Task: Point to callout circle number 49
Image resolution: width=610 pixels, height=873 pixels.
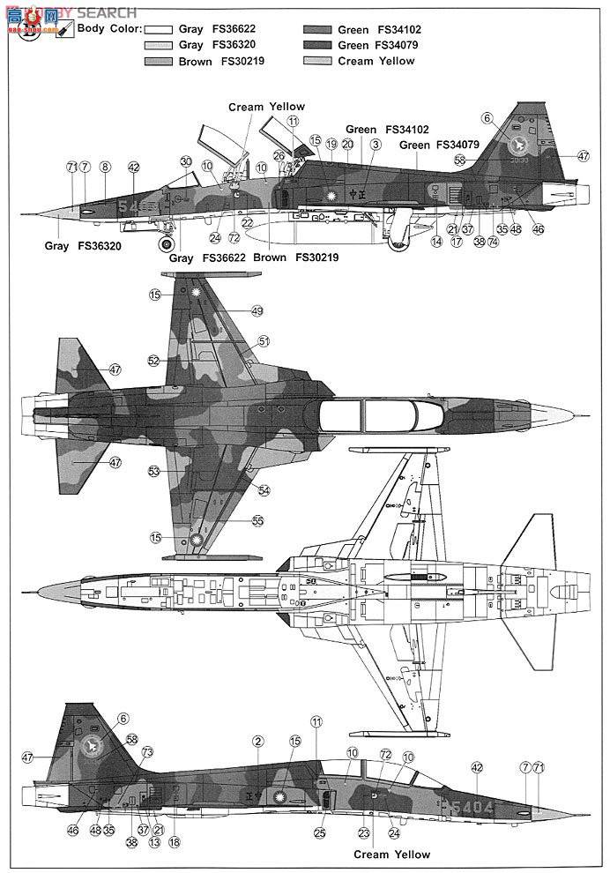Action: click(257, 310)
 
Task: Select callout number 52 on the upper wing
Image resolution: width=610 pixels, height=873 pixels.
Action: click(153, 361)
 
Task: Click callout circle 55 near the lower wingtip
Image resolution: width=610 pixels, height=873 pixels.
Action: click(257, 520)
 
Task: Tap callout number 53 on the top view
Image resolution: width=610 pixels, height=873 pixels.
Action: click(153, 472)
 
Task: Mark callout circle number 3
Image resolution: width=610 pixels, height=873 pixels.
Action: click(376, 144)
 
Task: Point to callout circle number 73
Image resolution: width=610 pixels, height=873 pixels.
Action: click(147, 752)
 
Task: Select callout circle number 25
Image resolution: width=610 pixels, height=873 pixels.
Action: click(320, 832)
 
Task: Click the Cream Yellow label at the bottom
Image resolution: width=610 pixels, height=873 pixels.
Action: click(391, 854)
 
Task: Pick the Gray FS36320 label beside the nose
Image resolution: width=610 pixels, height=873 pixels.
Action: click(83, 246)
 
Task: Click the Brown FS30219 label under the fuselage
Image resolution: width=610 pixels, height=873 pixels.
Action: click(294, 257)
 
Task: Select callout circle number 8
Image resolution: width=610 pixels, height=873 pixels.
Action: click(105, 167)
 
